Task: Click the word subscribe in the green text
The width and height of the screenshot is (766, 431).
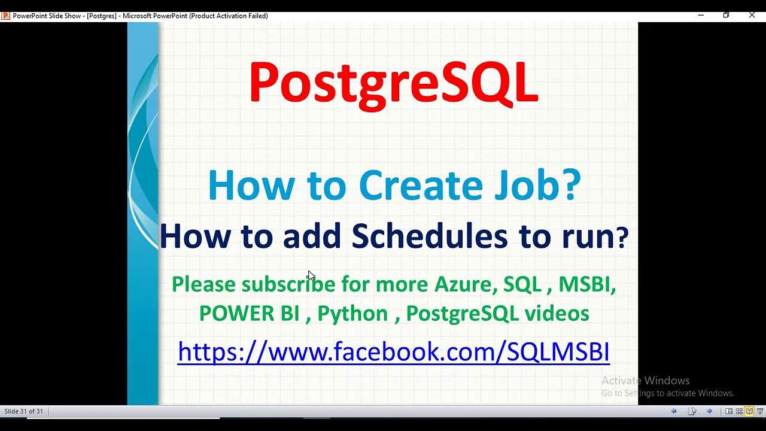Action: pyautogui.click(x=288, y=284)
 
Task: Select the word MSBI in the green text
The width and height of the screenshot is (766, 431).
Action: pyautogui.click(x=585, y=284)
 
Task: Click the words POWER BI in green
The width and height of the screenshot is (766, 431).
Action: pyautogui.click(x=249, y=313)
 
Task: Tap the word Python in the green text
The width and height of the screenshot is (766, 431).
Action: pyautogui.click(x=352, y=313)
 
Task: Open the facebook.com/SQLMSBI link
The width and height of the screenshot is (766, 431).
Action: pyautogui.click(x=393, y=351)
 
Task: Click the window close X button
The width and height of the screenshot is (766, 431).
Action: pyautogui.click(x=752, y=15)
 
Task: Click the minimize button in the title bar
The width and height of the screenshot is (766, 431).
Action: pyautogui.click(x=701, y=15)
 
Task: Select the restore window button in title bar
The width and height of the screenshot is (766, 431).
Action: pyautogui.click(x=726, y=15)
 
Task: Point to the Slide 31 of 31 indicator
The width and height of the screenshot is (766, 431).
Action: pyautogui.click(x=24, y=411)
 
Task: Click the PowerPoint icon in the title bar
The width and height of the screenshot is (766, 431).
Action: pyautogui.click(x=5, y=16)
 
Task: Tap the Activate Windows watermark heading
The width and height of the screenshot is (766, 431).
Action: pyautogui.click(x=645, y=381)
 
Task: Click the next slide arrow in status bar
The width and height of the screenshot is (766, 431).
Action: pyautogui.click(x=709, y=411)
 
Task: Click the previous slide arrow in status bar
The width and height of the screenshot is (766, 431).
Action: pyautogui.click(x=674, y=411)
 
